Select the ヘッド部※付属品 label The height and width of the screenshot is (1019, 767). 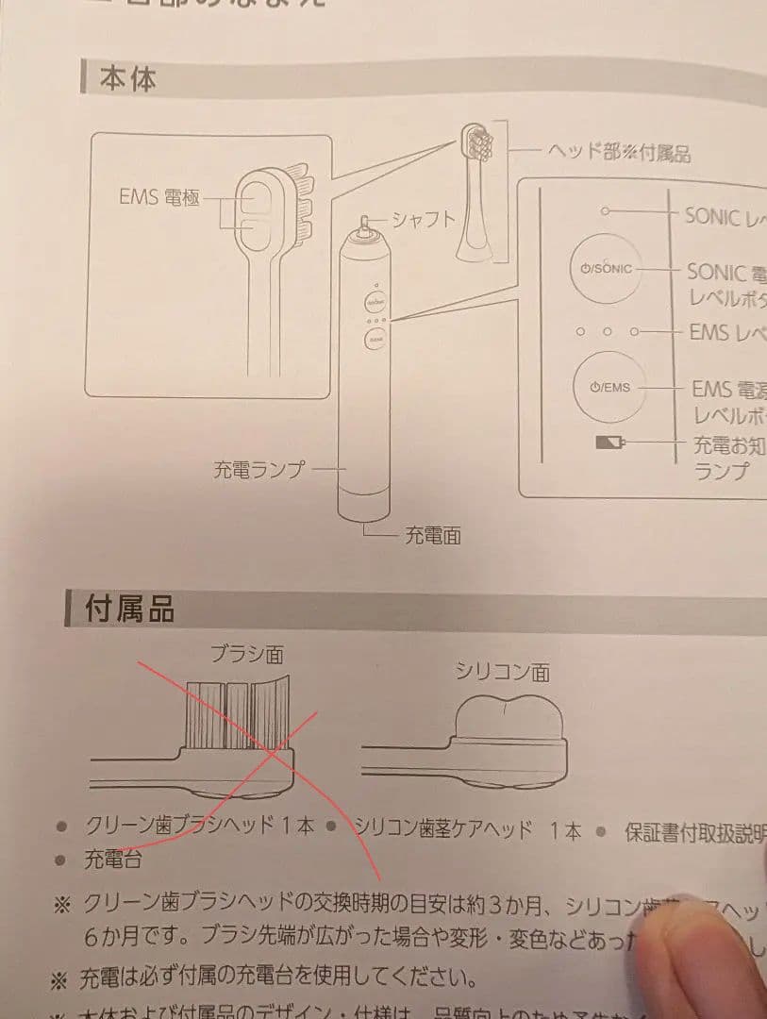coord(618,151)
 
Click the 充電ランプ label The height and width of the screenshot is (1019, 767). coord(258,468)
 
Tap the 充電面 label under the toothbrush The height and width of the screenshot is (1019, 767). coord(433,535)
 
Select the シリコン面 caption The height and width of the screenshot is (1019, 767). coord(502,672)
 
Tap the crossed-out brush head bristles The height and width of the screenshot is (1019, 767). coord(234,712)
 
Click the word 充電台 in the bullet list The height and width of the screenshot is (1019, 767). coord(113,860)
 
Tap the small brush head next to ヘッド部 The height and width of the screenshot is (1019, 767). coord(476,144)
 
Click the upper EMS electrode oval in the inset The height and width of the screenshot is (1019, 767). coord(254,199)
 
